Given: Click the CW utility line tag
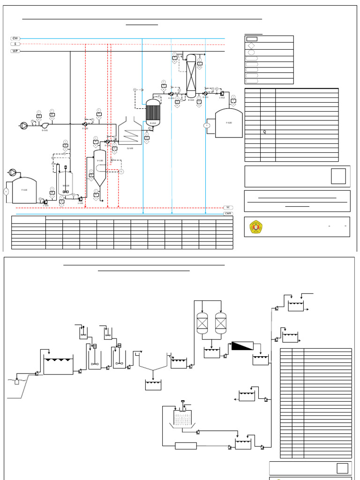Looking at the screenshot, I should [x=15, y=38].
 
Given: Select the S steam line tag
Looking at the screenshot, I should [x=15, y=44].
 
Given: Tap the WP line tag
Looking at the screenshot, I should [x=15, y=51].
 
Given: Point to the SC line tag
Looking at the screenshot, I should [x=228, y=207].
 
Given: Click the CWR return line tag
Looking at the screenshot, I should [x=228, y=213].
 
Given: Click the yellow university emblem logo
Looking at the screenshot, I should [x=256, y=227].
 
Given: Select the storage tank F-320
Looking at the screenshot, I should [x=228, y=124].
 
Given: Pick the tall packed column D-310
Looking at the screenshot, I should [x=191, y=76].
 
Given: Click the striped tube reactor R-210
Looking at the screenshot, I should [x=153, y=113].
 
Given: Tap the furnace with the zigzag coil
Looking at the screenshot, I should [x=130, y=134].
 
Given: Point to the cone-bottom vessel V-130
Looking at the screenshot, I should [x=100, y=169].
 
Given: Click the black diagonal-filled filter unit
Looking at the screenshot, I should [x=242, y=346].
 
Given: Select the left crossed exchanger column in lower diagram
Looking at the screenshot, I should [x=202, y=323].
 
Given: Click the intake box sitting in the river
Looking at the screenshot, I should [x=17, y=381].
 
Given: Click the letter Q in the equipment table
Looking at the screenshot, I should [x=264, y=132].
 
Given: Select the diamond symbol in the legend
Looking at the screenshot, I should [x=251, y=46].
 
